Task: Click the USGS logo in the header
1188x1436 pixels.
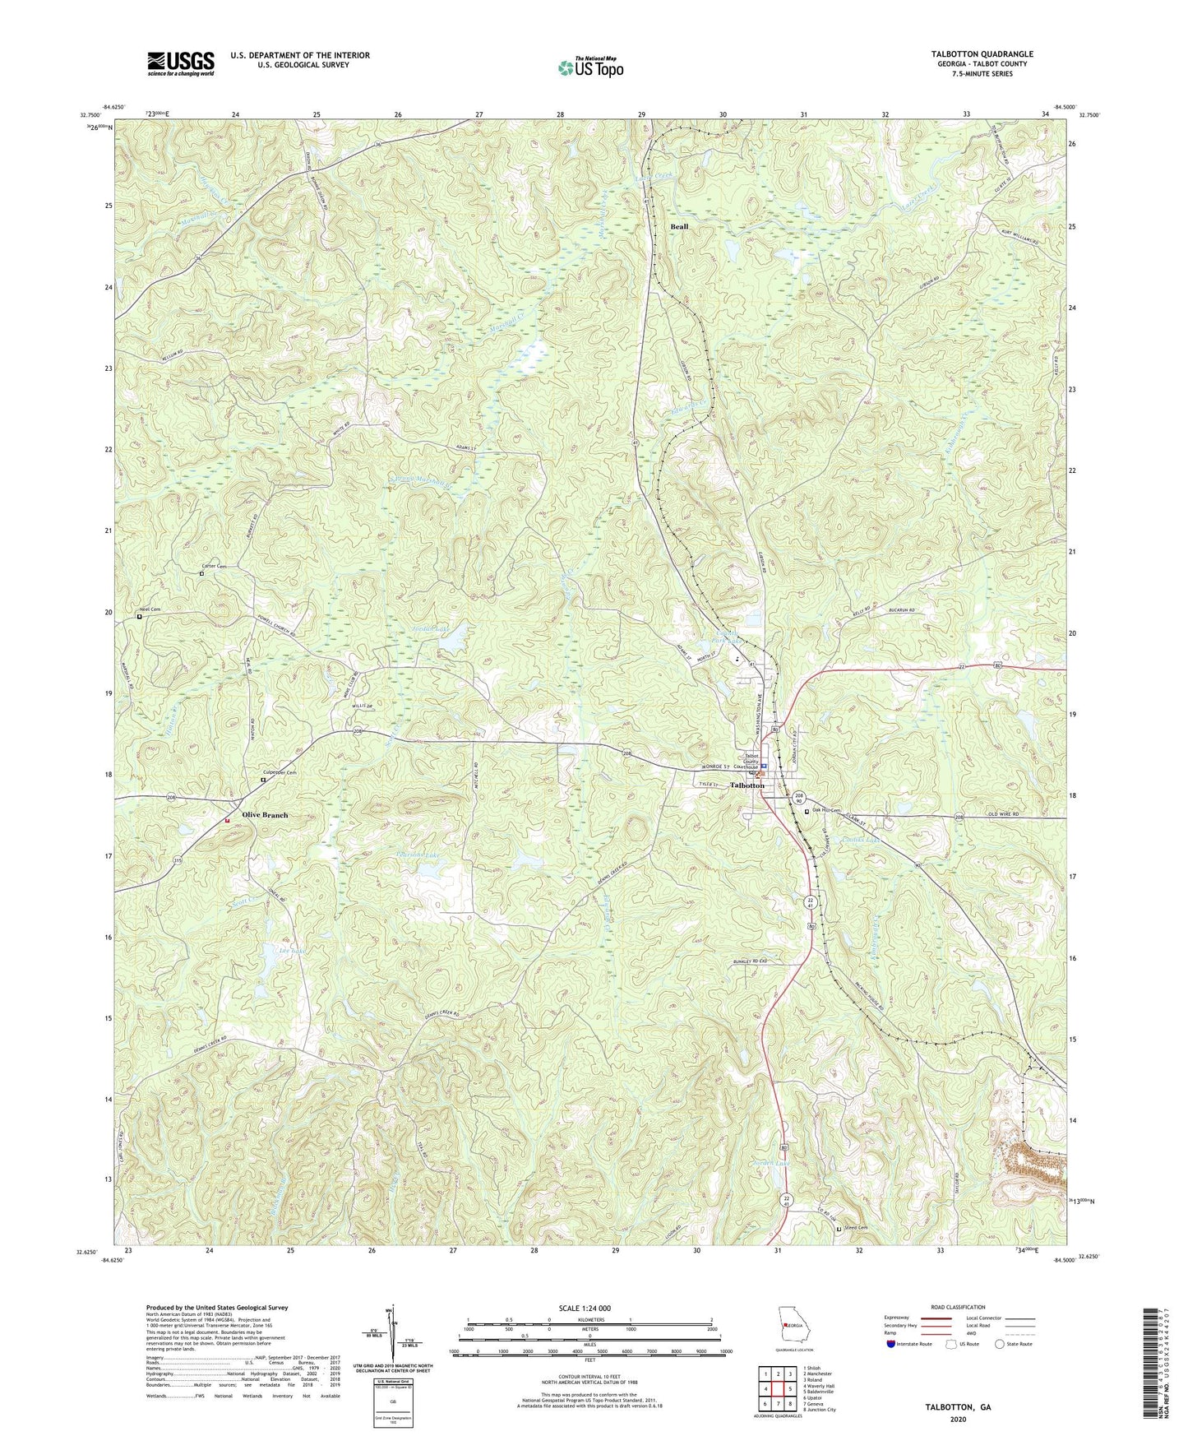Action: pos(181,63)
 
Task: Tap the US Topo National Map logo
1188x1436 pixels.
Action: pos(589,67)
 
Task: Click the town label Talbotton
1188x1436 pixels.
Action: pos(747,785)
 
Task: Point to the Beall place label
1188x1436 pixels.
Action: pos(679,226)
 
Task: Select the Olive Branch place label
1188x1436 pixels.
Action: pos(265,815)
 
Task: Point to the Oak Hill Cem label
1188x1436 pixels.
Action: pos(826,811)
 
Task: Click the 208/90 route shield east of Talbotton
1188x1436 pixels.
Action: pos(798,799)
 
